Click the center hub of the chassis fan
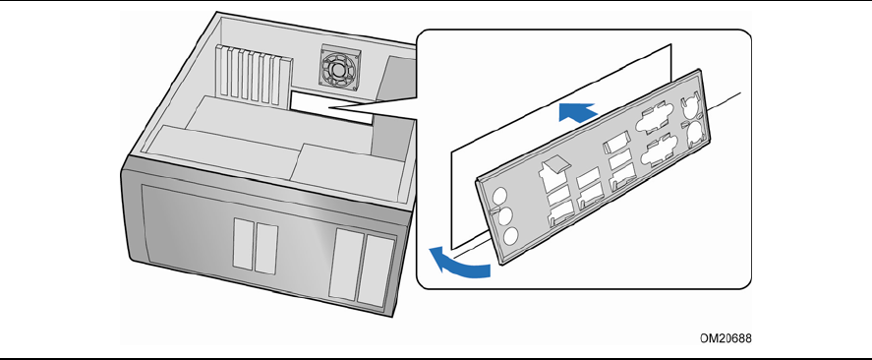339,69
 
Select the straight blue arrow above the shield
578,112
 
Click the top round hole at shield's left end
500,196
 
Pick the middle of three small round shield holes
505,216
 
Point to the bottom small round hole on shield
511,236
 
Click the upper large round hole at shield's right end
689,104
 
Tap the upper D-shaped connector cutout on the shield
651,119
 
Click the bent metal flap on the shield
555,162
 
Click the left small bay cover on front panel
244,244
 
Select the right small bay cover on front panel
265,249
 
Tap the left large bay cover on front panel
346,265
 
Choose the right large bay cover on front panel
377,270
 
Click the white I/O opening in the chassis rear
331,108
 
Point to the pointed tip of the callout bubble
329,107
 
